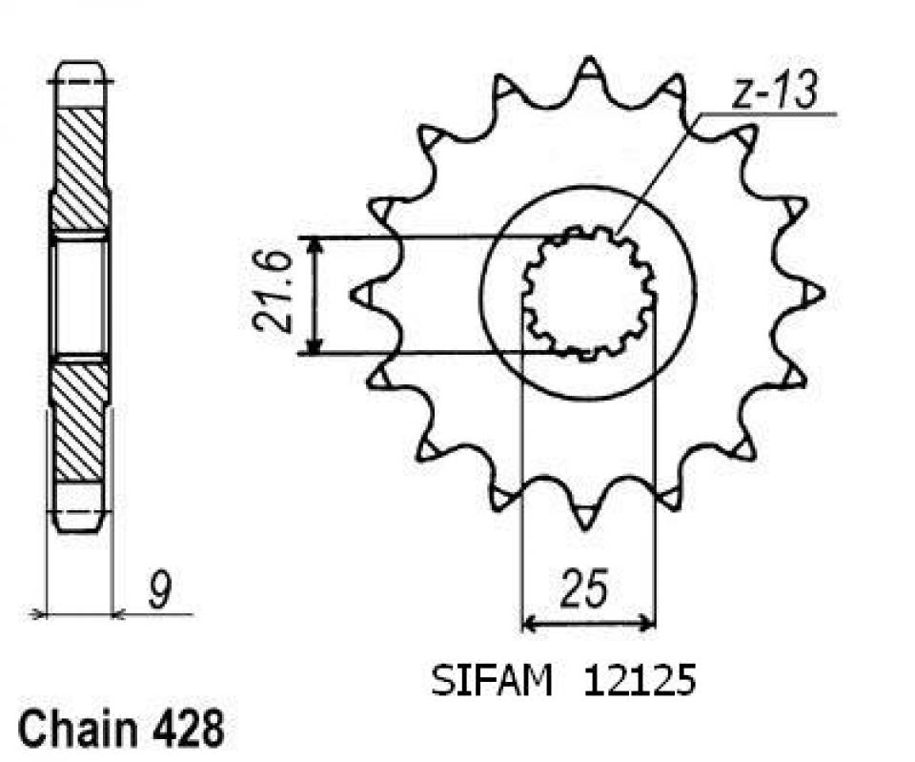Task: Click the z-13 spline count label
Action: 774,94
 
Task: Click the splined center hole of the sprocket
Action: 588,293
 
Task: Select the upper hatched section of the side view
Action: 80,167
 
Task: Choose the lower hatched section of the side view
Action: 80,420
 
